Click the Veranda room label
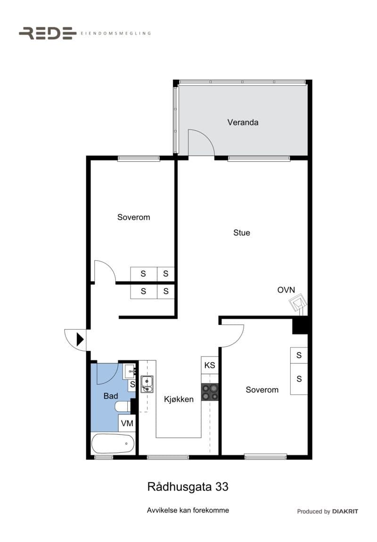click(x=243, y=122)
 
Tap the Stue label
click(x=241, y=233)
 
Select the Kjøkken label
click(x=179, y=399)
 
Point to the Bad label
click(x=111, y=396)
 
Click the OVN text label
click(x=287, y=290)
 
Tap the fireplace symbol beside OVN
click(x=298, y=304)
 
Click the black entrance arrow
click(x=80, y=339)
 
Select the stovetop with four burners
click(x=210, y=392)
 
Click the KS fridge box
click(x=210, y=365)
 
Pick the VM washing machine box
click(x=127, y=423)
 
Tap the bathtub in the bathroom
click(x=113, y=444)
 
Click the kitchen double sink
click(x=147, y=384)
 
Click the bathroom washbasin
click(x=130, y=372)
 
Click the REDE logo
click(x=48, y=33)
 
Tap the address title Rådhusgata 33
click(x=188, y=487)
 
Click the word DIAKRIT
click(x=345, y=512)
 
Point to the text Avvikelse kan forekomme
click(x=188, y=510)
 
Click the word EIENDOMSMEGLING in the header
click(x=115, y=34)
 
